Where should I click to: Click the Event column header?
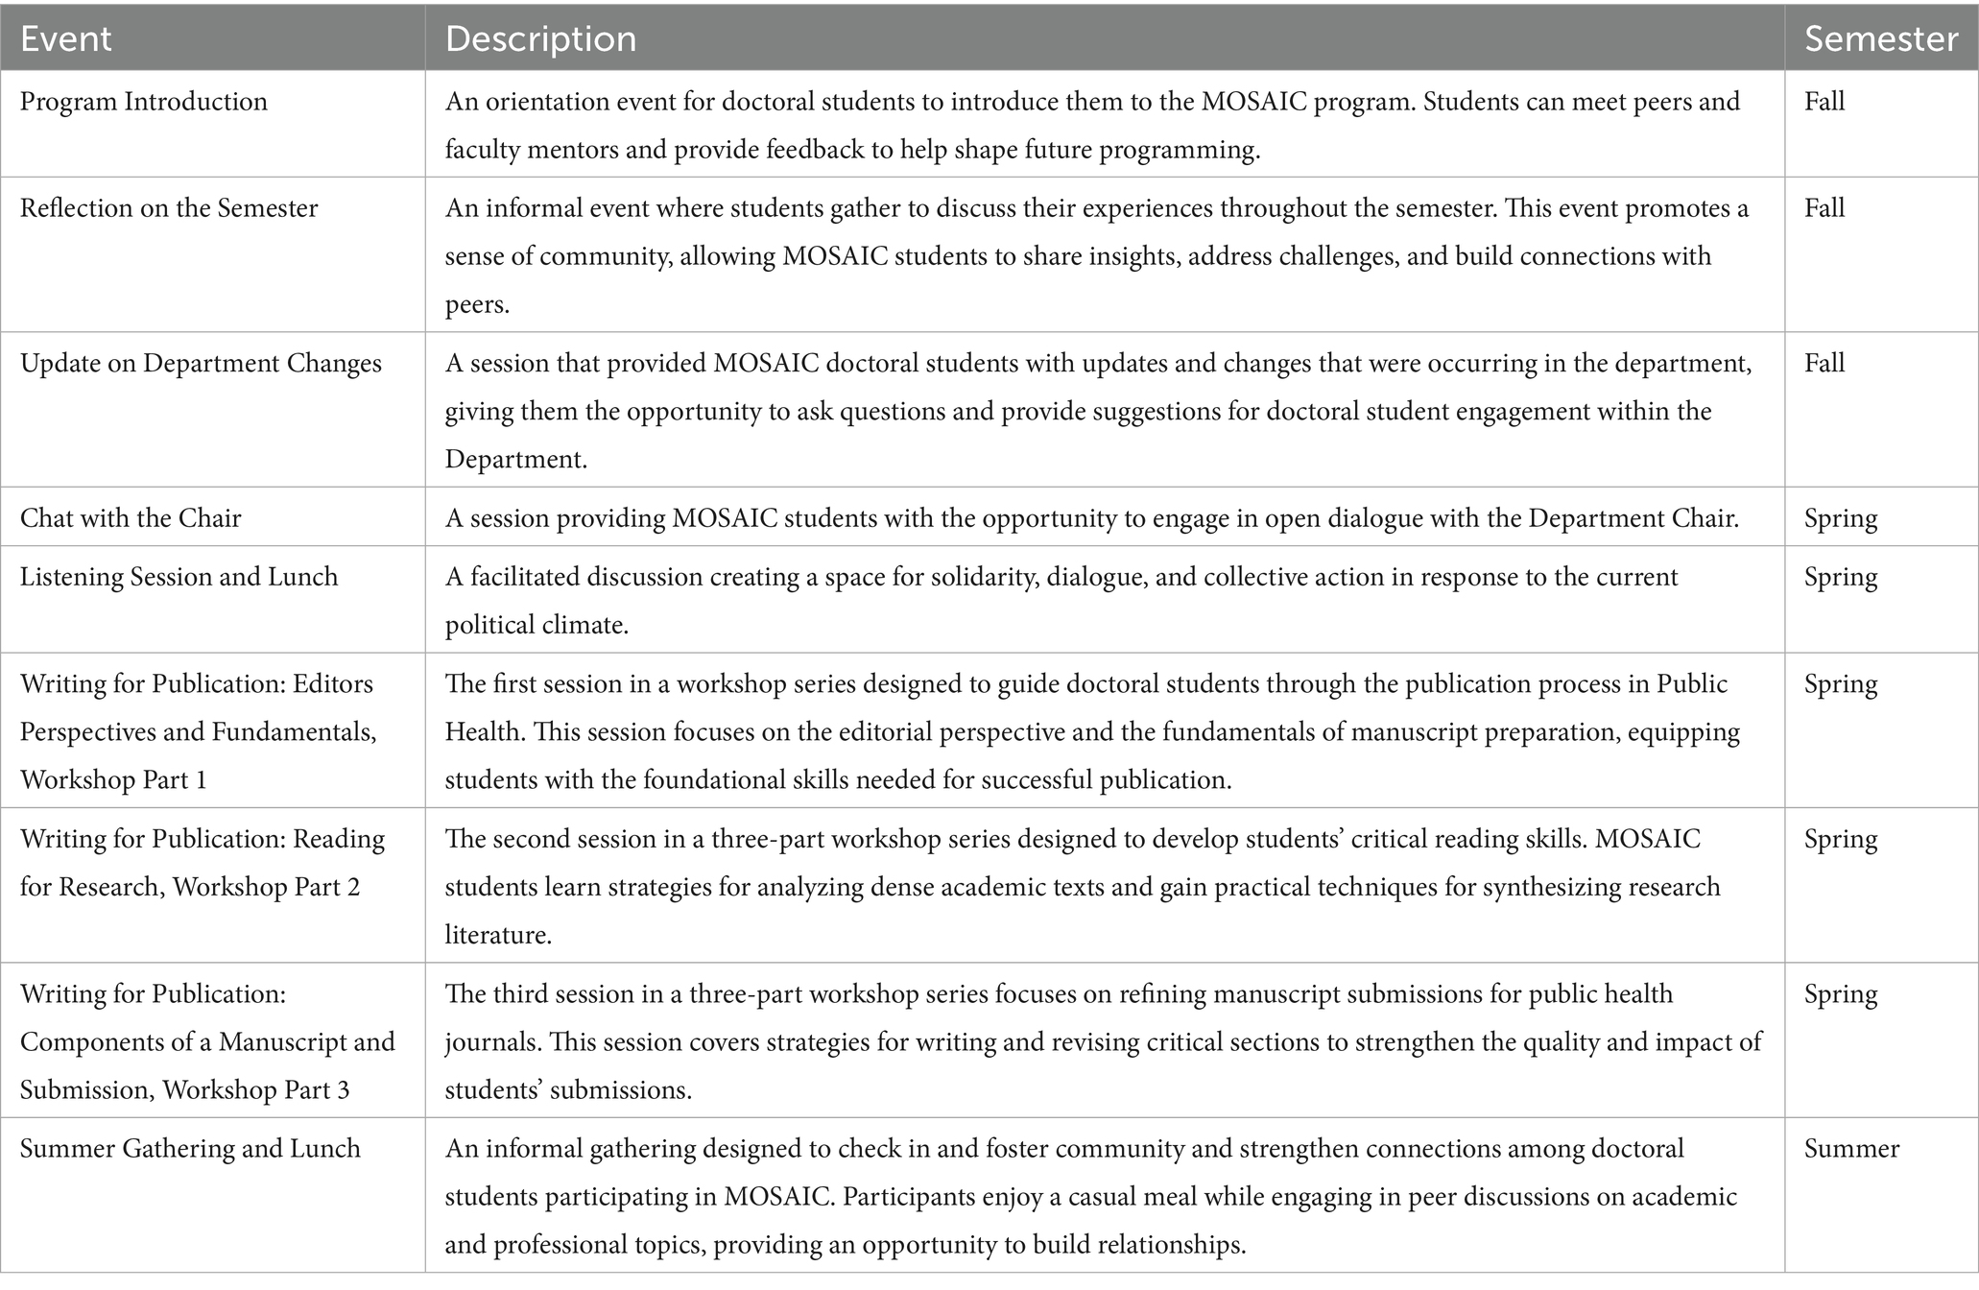point(65,38)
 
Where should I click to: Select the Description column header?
point(540,38)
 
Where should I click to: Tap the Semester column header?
point(1880,38)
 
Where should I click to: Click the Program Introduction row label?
point(144,102)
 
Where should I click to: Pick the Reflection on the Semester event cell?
point(169,208)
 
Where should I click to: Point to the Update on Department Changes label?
point(201,363)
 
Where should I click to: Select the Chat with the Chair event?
point(131,518)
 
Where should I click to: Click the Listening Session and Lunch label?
point(179,577)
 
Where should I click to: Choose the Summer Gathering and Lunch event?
point(190,1149)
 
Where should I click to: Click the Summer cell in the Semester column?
point(1851,1149)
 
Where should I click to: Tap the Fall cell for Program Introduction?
point(1824,102)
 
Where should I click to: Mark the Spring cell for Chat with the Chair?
point(1841,518)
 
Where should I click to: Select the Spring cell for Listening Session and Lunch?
point(1841,577)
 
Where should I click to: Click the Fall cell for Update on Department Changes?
point(1824,363)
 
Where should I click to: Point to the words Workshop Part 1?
point(113,780)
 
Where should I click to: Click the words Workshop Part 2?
point(266,887)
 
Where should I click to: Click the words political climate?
point(536,626)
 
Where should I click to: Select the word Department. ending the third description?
point(515,460)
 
